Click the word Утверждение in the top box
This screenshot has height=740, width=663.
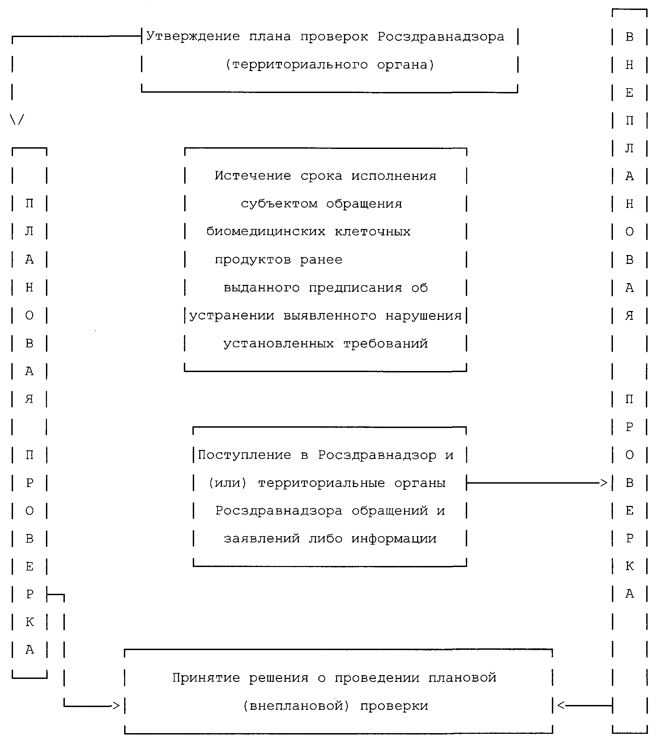(193, 36)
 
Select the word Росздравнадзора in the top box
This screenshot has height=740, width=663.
(441, 36)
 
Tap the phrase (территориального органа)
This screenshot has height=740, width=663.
(330, 65)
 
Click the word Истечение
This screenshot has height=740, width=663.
(253, 176)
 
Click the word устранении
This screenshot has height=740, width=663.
(232, 315)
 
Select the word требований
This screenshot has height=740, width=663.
(386, 343)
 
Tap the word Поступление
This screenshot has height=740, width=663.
(245, 455)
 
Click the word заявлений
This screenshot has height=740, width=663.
(262, 539)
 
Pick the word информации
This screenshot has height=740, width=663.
(394, 539)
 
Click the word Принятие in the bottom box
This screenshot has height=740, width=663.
(206, 678)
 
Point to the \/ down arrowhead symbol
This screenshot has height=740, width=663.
(17, 119)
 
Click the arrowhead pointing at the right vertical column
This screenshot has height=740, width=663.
(604, 483)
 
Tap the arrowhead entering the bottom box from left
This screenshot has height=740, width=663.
(116, 706)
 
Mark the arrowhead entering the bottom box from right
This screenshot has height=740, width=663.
(561, 706)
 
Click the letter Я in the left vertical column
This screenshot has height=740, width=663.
(29, 399)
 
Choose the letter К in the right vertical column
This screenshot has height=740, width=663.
(629, 566)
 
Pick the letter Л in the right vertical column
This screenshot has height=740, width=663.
(629, 148)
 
